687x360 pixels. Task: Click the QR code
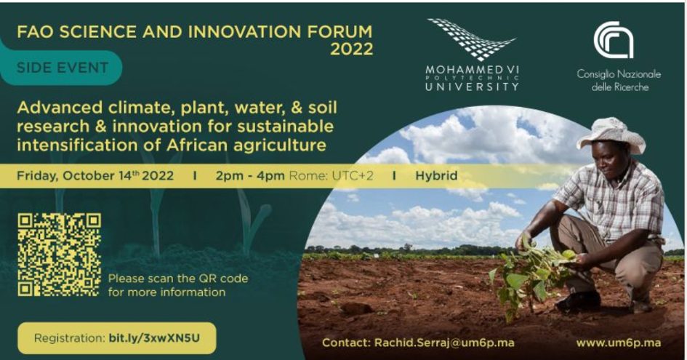click(59, 255)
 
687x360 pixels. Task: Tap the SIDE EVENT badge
click(61, 68)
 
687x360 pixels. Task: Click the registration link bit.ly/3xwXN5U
click(154, 338)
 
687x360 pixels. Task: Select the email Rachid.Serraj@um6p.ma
click(444, 343)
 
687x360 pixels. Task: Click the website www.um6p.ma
click(618, 343)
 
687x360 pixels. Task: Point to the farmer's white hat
click(612, 134)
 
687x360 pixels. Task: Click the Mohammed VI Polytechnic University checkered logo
click(471, 39)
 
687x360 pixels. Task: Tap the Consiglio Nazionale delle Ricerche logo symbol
click(614, 39)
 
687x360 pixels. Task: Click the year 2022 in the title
click(351, 49)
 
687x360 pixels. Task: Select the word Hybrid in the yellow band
click(436, 176)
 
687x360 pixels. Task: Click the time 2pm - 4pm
click(250, 176)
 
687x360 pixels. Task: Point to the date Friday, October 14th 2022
click(95, 176)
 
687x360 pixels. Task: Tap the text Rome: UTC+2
click(332, 176)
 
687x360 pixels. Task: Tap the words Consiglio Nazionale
click(619, 74)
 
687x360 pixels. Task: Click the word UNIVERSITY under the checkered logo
click(472, 86)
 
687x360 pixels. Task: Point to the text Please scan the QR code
click(178, 279)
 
